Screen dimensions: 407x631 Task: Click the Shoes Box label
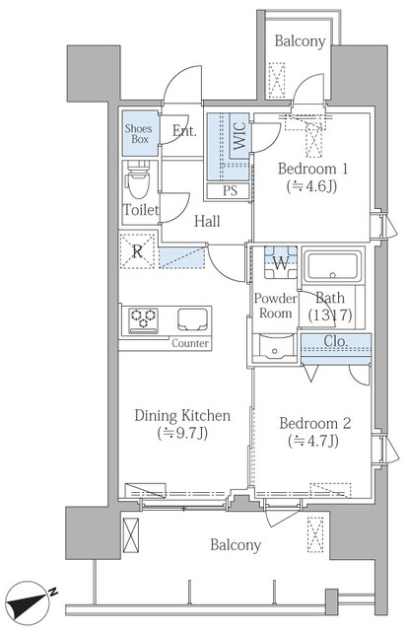coord(139,134)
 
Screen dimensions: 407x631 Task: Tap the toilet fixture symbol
coord(138,179)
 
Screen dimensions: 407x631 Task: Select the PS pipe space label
coord(230,190)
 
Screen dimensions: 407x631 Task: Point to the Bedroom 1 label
coord(312,169)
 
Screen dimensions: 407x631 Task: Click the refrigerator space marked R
coord(137,251)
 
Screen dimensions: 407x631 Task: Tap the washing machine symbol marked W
coord(281,263)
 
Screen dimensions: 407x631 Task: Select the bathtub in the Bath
coord(332,266)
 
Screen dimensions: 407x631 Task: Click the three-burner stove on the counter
coord(143,320)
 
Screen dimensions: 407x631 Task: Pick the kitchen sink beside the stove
coord(194,319)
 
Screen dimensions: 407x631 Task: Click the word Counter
coord(190,344)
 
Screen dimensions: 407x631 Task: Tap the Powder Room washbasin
coord(275,347)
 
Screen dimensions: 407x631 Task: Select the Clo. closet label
coord(335,341)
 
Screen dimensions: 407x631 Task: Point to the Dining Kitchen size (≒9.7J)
coord(182,434)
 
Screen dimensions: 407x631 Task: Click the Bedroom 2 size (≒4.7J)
coord(313,442)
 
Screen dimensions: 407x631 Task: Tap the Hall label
coord(207,221)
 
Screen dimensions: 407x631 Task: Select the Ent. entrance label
coord(184,131)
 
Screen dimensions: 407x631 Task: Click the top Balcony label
coord(300,41)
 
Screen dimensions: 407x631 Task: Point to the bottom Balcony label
coord(236,545)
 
